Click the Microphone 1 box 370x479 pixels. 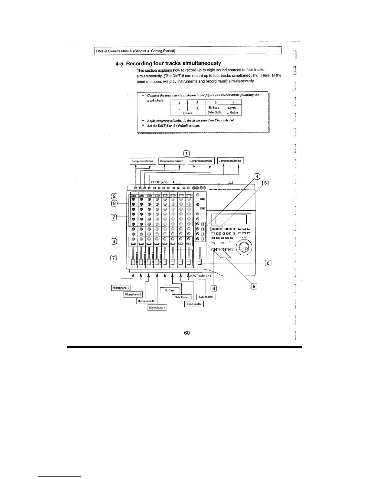pyautogui.click(x=121, y=288)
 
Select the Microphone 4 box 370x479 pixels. pyautogui.click(x=157, y=308)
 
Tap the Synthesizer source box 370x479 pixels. pyautogui.click(x=206, y=297)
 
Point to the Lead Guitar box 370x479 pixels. pyautogui.click(x=194, y=304)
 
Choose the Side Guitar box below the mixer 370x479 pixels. pyautogui.click(x=182, y=297)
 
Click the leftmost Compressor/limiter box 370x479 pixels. pyautogui.click(x=143, y=161)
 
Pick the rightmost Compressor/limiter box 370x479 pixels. pyautogui.click(x=230, y=161)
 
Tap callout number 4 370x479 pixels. pyautogui.click(x=257, y=177)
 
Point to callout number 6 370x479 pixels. pyautogui.click(x=213, y=288)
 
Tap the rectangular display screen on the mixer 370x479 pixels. pyautogui.click(x=231, y=219)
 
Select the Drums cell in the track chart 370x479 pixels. pyautogui.click(x=188, y=113)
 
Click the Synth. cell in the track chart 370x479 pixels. pyautogui.click(x=232, y=108)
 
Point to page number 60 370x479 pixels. pyautogui.click(x=187, y=333)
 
